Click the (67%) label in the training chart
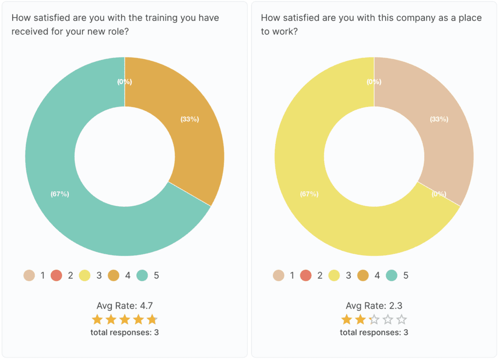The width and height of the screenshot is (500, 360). (x=60, y=194)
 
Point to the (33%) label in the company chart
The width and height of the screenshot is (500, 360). (x=439, y=119)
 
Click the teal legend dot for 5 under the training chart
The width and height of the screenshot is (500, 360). (x=143, y=276)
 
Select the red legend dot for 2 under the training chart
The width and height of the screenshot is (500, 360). (x=57, y=276)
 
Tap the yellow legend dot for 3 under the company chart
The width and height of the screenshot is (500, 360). (x=334, y=276)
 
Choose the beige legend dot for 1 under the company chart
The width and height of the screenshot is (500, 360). (x=278, y=276)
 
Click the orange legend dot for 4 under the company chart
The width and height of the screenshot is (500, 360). (x=363, y=276)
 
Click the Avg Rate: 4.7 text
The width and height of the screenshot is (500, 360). (x=125, y=306)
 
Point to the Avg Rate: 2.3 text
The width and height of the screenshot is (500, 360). (x=374, y=306)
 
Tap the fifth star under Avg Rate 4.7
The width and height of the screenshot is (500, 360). (x=152, y=320)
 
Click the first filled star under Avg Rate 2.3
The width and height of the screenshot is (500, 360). (x=347, y=320)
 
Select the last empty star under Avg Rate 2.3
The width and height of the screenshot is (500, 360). (x=401, y=320)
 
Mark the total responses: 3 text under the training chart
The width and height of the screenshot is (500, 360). (x=125, y=333)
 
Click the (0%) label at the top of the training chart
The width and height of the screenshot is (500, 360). (x=125, y=82)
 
